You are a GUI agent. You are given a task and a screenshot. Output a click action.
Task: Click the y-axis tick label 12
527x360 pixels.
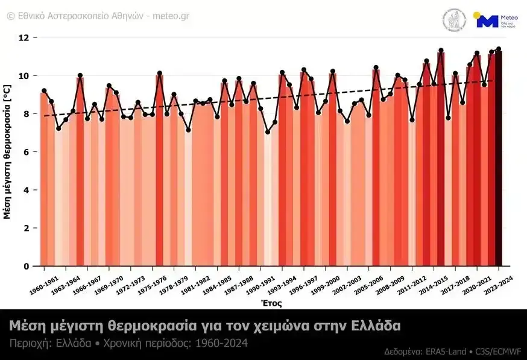24,37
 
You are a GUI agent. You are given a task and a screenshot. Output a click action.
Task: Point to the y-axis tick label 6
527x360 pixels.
25,152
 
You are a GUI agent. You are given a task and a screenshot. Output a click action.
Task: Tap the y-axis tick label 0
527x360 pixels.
25,266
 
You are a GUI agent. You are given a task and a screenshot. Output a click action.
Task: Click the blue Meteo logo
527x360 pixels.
487,21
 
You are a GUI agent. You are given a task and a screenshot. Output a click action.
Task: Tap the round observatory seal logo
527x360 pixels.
454,21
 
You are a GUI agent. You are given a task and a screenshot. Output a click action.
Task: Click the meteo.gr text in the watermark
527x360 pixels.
171,16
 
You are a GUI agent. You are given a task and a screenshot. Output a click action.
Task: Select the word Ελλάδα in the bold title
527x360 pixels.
376,326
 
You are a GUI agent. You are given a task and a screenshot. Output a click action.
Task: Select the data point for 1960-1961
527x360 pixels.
44,90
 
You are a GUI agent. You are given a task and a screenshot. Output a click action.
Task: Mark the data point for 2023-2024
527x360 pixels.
499,49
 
